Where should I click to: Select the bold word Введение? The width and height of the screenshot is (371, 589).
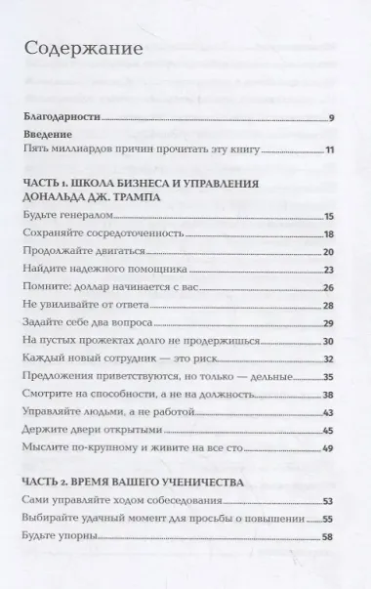50,139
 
